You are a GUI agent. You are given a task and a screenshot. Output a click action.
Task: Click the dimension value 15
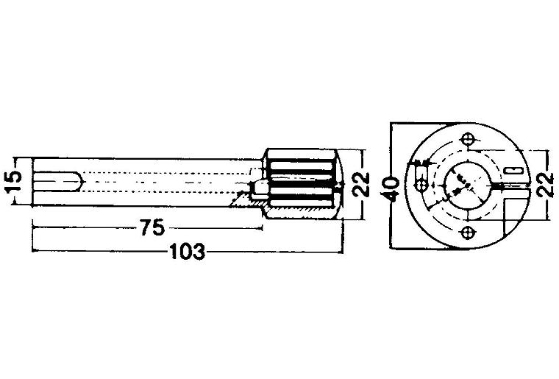click(14, 181)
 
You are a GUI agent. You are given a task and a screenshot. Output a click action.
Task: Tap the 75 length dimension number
click(152, 227)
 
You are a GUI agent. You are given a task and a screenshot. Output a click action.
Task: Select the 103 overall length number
click(187, 252)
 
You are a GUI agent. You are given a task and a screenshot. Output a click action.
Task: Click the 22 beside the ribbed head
click(361, 185)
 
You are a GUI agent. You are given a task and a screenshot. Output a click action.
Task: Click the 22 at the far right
click(546, 185)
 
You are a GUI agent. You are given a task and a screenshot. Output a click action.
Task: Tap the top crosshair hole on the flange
click(467, 138)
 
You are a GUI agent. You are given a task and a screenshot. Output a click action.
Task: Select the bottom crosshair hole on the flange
click(467, 233)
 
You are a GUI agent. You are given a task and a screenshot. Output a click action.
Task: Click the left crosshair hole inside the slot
click(421, 185)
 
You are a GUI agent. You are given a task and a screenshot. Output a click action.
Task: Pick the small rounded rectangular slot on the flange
click(513, 170)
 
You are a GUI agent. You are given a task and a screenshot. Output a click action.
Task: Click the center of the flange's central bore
click(467, 185)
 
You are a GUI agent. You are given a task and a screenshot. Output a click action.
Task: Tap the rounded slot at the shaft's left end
click(58, 182)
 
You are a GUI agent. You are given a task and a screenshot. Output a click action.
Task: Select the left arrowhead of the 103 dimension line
click(35, 251)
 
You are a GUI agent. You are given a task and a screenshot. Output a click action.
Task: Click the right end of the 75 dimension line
click(263, 227)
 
